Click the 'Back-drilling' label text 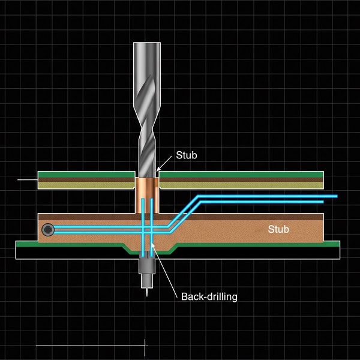pos(209,296)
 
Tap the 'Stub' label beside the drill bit pos(186,155)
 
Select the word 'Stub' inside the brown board pos(278,229)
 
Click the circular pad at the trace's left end pos(47,230)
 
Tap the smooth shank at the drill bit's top pos(146,66)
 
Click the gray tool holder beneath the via pos(146,264)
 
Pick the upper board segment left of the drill pos(86,180)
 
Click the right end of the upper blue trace pos(336,196)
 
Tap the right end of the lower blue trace pos(324,202)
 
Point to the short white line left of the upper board pos(27,179)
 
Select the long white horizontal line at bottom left pos(90,346)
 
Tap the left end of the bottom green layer pos(18,244)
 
